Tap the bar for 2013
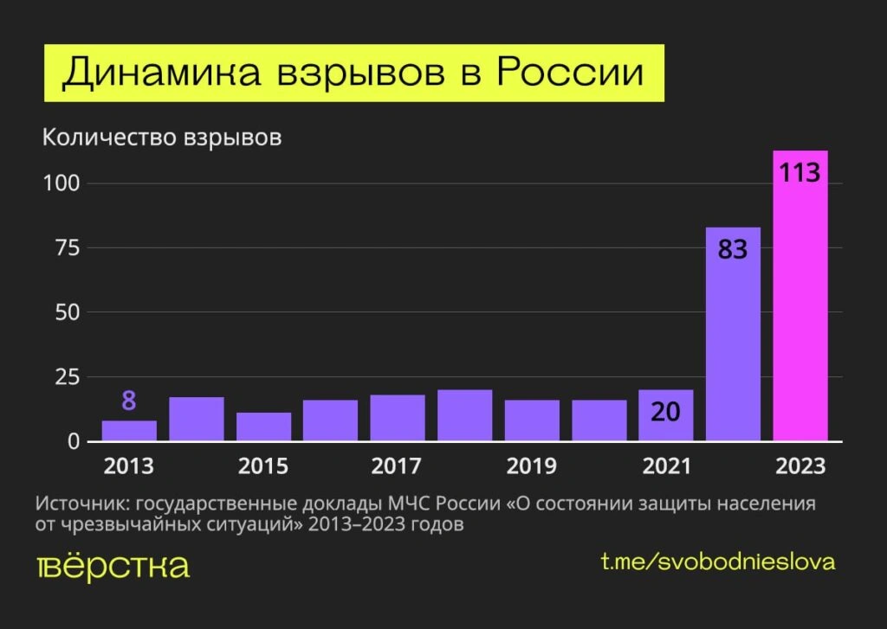coord(129,431)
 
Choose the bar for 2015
coord(263,427)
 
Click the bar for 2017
coord(398,419)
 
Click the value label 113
coord(800,172)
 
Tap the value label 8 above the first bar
coord(129,401)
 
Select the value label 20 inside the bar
coord(666,413)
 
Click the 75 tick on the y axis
coord(68,248)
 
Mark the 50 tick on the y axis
coord(68,312)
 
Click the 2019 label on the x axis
coord(532,466)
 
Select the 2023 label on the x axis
coord(800,466)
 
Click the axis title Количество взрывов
coord(162,138)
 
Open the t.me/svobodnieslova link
coord(718,562)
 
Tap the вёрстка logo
coord(113,567)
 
